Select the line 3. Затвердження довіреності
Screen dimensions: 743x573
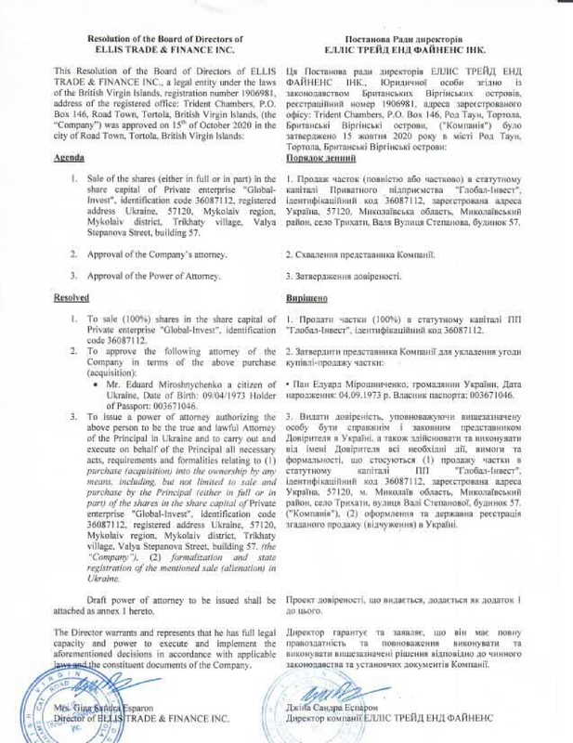[344, 275]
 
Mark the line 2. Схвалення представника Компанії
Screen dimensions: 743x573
[358, 253]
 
